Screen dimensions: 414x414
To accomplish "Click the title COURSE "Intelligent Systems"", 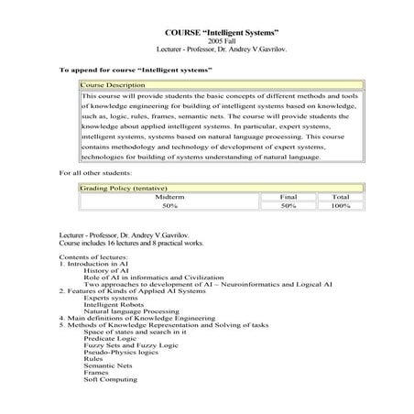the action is pyautogui.click(x=207, y=34).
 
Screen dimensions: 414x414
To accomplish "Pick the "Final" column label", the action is pyautogui.click(x=289, y=196).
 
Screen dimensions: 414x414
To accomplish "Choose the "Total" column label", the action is pyautogui.click(x=340, y=196).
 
